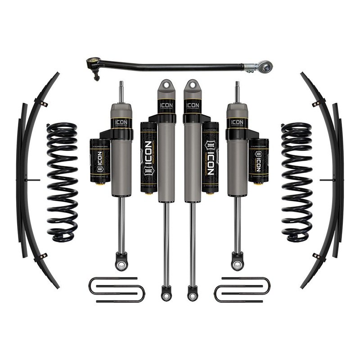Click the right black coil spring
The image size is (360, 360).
coord(297,180)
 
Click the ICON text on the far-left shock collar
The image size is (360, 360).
coord(121,122)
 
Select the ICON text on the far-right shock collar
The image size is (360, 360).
coord(237,122)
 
